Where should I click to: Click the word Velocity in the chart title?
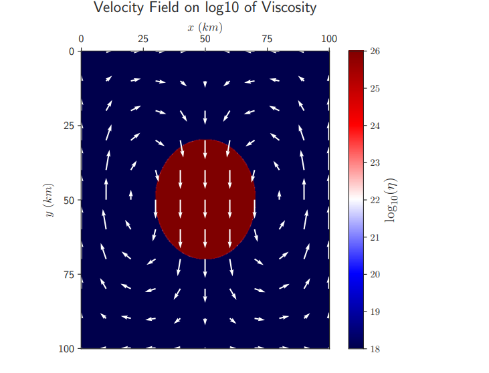click(x=118, y=8)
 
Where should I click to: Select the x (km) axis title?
click(x=205, y=27)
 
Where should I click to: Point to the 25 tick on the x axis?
click(x=142, y=39)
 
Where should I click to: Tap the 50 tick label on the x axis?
click(x=205, y=39)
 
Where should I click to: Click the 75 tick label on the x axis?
click(x=267, y=39)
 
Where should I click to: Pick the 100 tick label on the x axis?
click(x=328, y=39)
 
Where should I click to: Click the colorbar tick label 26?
click(x=375, y=51)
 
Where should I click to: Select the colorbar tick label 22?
click(x=375, y=200)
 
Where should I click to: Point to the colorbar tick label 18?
click(x=375, y=348)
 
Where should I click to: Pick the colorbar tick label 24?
click(x=375, y=126)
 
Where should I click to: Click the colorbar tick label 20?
click(x=375, y=274)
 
